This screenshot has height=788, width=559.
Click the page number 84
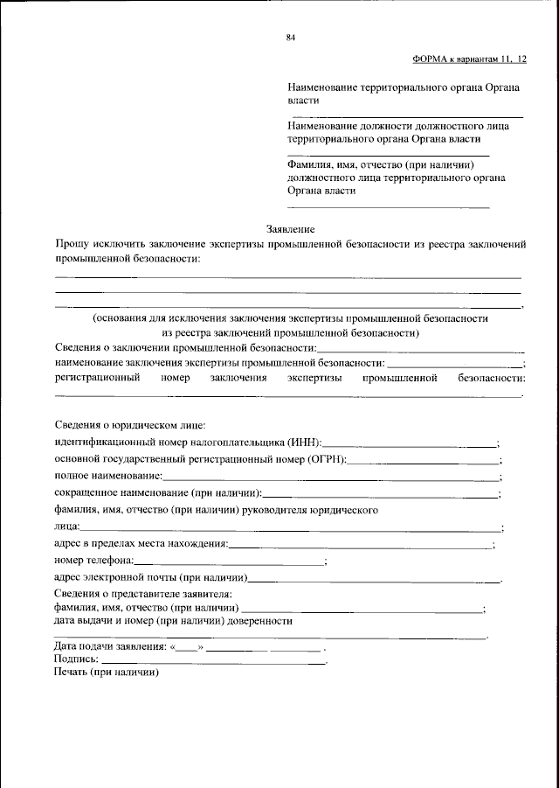(x=290, y=37)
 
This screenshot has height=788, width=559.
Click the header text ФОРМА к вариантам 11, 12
(x=469, y=59)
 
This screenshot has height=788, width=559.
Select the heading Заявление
(x=290, y=227)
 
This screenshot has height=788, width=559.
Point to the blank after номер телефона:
(x=229, y=562)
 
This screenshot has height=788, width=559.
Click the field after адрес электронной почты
(x=376, y=580)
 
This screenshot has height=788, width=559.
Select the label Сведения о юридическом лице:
(x=129, y=425)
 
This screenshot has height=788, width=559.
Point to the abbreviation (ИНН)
(x=307, y=443)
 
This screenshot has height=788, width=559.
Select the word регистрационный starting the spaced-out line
(x=97, y=378)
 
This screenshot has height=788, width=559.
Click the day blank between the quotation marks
(x=187, y=648)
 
